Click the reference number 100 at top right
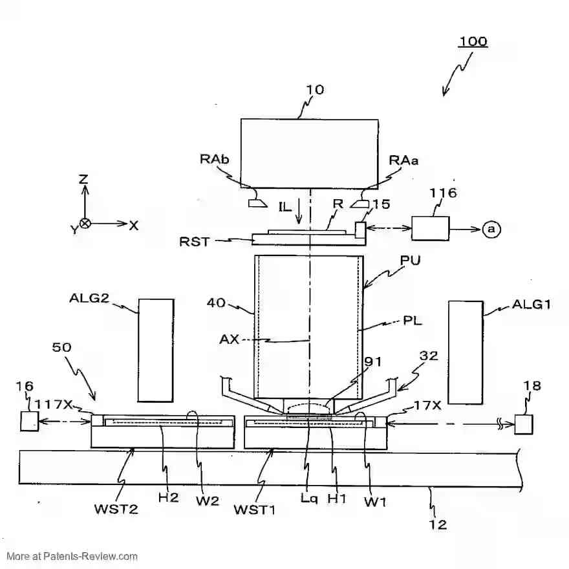[473, 41]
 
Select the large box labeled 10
[309, 153]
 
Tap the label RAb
[213, 160]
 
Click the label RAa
[404, 160]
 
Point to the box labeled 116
[430, 229]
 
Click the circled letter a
[491, 229]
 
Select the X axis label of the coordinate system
[134, 225]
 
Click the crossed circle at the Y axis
[85, 224]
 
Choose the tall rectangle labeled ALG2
[156, 350]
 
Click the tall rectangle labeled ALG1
[466, 350]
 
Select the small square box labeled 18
[524, 424]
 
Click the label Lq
[309, 499]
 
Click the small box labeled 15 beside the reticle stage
[360, 229]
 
